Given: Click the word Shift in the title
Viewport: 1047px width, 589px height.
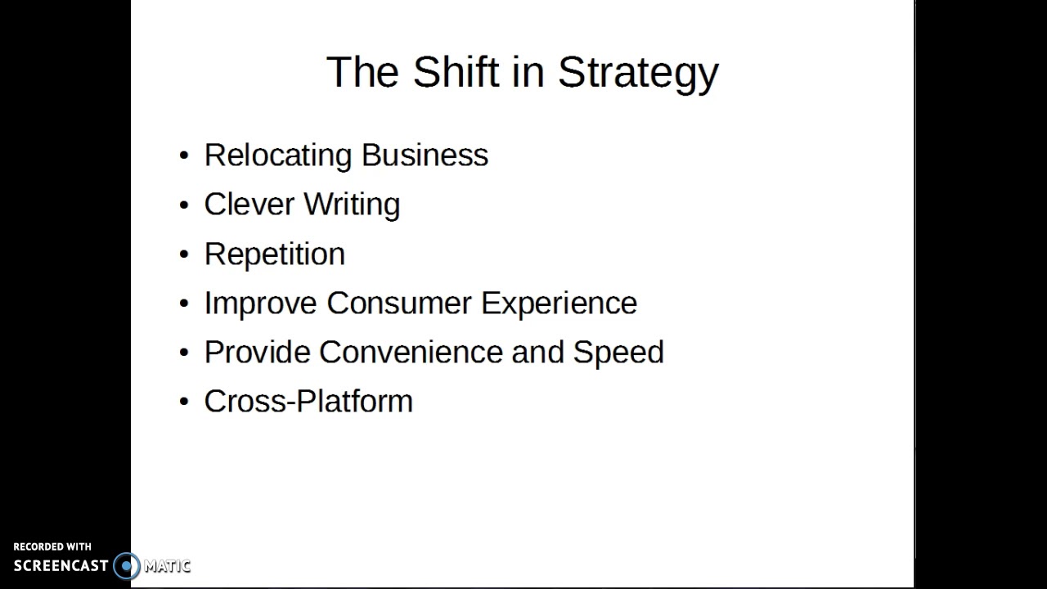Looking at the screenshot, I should [456, 72].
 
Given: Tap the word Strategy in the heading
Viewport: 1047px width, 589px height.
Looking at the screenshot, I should [638, 74].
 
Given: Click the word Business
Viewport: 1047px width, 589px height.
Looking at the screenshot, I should [425, 155].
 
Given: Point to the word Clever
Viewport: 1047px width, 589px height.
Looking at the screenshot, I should [249, 205].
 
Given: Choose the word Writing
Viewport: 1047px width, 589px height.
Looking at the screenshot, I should [352, 205].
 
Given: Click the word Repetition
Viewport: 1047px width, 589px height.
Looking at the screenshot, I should [275, 254].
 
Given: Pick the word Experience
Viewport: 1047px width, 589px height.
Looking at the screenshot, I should [559, 303].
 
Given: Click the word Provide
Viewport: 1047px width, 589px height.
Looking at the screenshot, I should [257, 353].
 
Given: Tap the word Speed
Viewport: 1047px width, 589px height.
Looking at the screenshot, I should [618, 353].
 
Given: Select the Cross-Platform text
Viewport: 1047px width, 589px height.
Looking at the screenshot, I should [308, 402].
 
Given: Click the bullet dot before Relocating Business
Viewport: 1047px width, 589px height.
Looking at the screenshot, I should [184, 156].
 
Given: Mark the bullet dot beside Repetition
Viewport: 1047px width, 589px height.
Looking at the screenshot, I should [184, 254].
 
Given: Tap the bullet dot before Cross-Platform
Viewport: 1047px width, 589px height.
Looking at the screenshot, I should [184, 402].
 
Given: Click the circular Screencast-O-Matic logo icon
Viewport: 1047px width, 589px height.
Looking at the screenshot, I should [127, 565].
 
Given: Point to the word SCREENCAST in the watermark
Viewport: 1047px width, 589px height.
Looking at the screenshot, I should [61, 565].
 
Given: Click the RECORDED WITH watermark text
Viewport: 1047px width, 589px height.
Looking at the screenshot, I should [52, 546].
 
